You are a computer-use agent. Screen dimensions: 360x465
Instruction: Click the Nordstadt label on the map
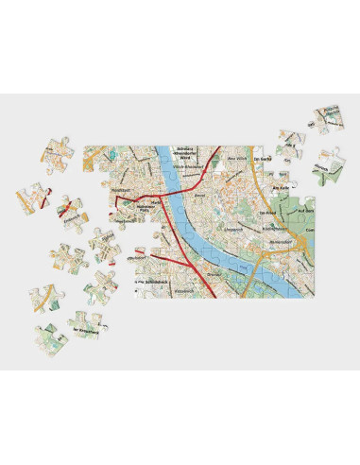tap(120, 190)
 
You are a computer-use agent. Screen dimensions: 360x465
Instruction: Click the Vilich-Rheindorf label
tap(182, 166)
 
